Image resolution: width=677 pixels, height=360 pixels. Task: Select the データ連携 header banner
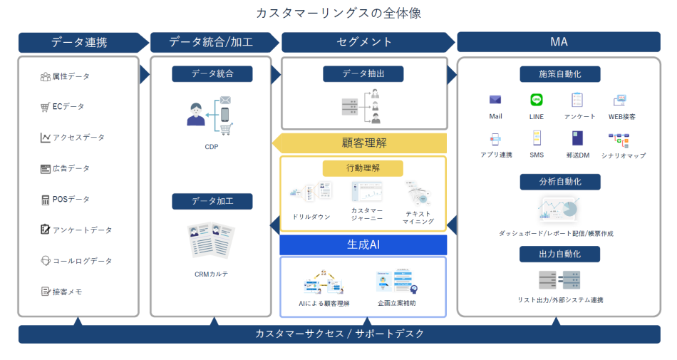click(79, 42)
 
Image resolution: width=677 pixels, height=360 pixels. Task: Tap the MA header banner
click(558, 42)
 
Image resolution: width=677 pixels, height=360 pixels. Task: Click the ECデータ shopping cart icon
click(45, 107)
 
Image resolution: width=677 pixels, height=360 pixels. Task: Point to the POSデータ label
click(71, 200)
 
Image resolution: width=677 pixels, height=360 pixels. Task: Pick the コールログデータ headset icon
click(45, 261)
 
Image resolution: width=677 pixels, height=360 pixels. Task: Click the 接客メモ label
click(67, 292)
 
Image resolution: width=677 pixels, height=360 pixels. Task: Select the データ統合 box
click(212, 73)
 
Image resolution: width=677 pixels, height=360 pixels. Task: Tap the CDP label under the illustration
click(211, 148)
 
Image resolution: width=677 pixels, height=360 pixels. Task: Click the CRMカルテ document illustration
click(212, 240)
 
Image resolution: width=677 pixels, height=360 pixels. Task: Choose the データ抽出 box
click(363, 73)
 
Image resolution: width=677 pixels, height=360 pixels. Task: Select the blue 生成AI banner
click(363, 245)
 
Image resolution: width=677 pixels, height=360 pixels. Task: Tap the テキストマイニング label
click(418, 217)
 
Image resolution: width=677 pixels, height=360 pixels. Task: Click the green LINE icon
click(537, 100)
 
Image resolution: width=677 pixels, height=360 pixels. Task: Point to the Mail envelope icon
click(495, 100)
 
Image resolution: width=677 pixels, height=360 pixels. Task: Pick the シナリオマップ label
click(624, 155)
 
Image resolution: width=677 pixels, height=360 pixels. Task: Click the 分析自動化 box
click(559, 182)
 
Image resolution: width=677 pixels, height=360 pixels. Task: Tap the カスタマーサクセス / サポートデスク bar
click(339, 334)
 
